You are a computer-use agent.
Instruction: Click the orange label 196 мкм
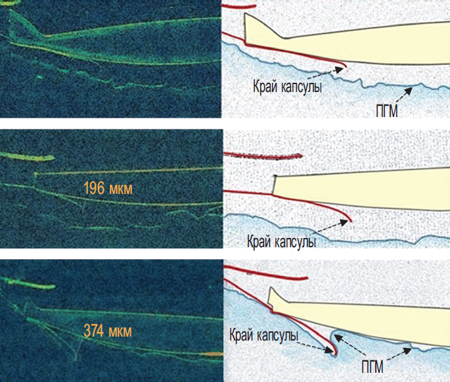point(108,189)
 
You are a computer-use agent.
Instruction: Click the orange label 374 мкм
point(108,331)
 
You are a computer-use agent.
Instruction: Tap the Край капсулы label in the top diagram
point(287,86)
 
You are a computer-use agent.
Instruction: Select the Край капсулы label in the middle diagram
point(282,241)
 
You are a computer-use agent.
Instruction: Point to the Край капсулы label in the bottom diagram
point(263,335)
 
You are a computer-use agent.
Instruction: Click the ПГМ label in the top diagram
point(386,111)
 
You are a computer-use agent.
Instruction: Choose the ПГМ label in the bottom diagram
point(372,367)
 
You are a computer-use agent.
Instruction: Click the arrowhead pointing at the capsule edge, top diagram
point(340,70)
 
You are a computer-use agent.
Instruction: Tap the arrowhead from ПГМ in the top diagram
point(409,91)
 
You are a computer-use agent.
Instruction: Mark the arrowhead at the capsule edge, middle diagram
point(344,222)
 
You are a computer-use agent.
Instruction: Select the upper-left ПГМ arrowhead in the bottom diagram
point(338,338)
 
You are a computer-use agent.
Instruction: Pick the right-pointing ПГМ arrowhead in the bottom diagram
point(407,351)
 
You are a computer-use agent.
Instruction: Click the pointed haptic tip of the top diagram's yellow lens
point(245,14)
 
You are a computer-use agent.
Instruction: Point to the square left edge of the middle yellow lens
point(275,184)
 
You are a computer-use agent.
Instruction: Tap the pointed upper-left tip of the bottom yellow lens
point(270,287)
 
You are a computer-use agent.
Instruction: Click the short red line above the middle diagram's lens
point(263,155)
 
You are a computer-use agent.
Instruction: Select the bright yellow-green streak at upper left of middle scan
point(28,156)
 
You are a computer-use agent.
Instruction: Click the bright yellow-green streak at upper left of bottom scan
point(28,283)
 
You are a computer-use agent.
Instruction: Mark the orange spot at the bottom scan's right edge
point(214,354)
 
